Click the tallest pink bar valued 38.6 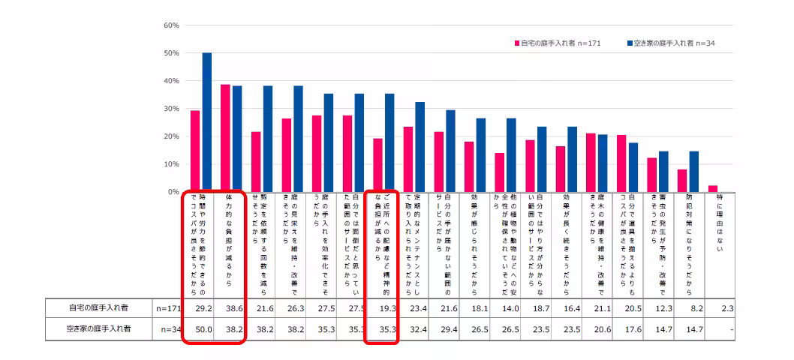coord(225,138)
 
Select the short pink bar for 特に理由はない coord(712,189)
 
